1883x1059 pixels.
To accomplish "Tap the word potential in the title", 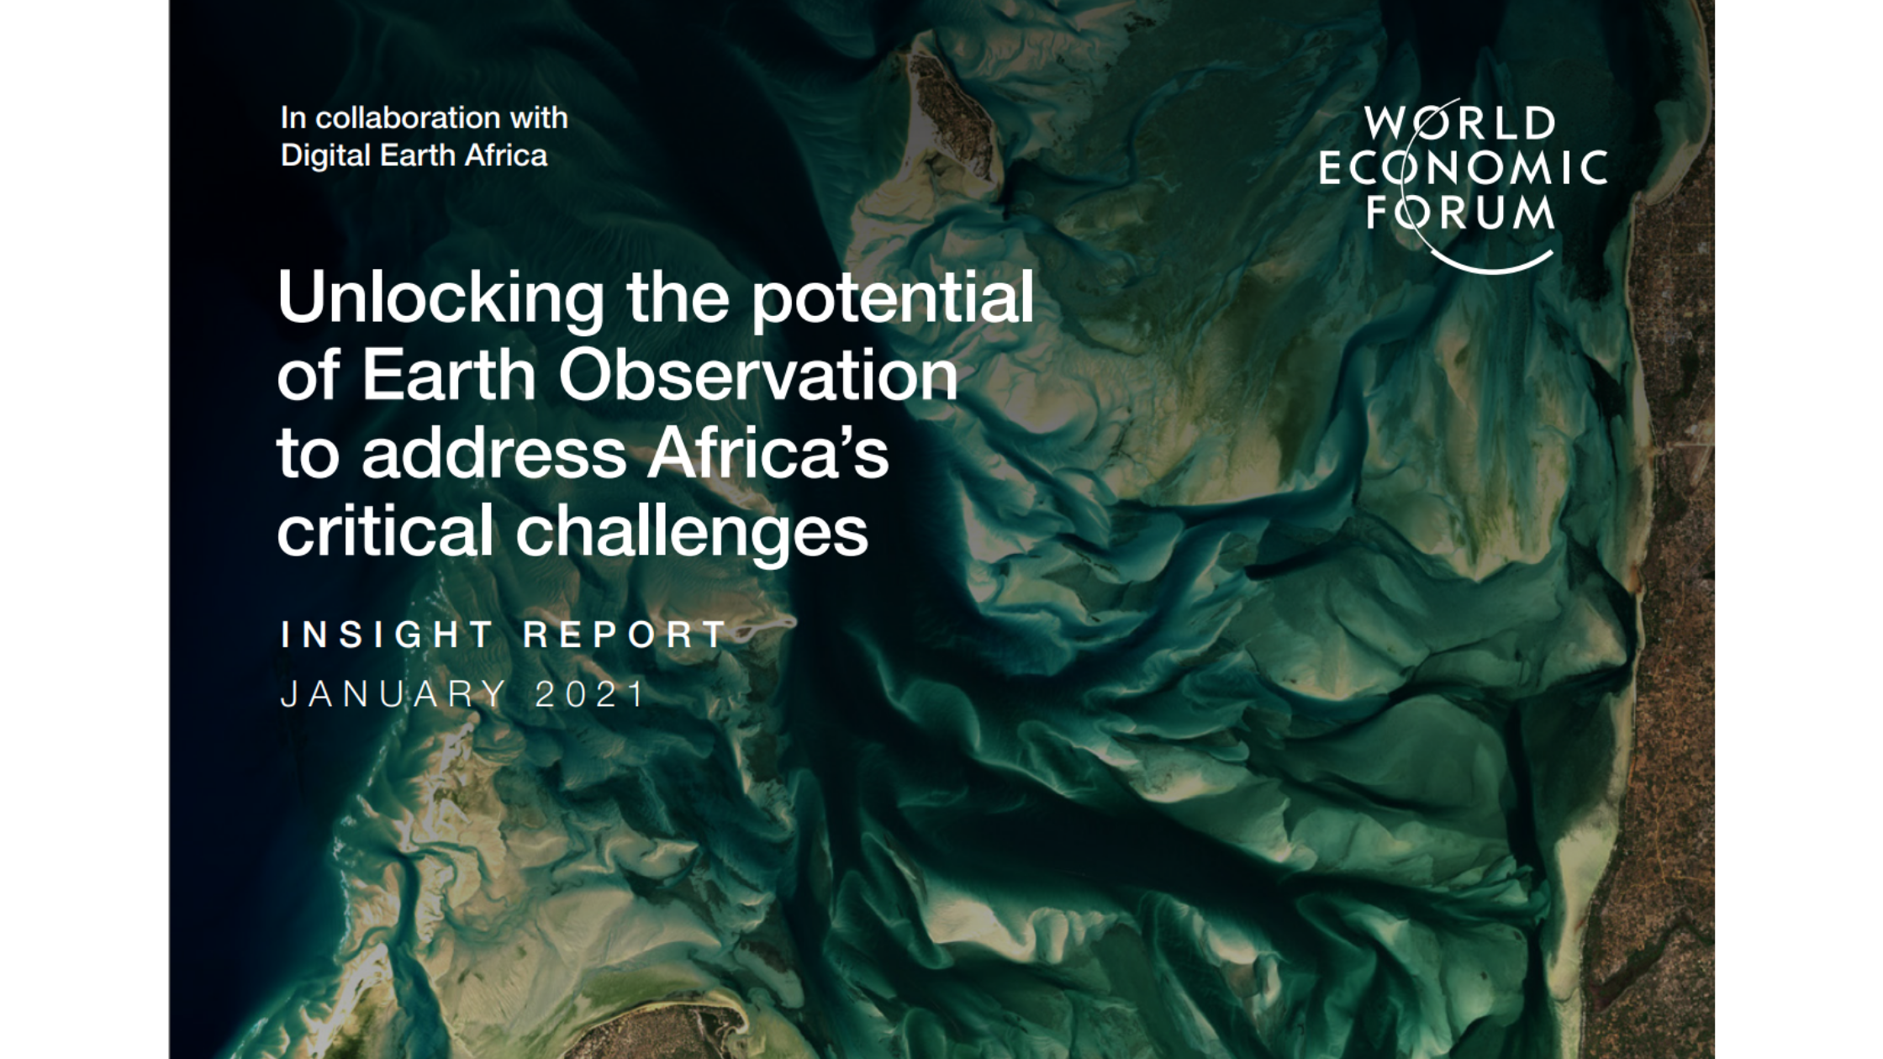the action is point(892,298).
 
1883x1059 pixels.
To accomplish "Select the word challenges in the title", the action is point(692,532).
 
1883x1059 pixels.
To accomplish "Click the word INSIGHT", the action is point(388,634).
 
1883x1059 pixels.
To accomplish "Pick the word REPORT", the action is point(625,634).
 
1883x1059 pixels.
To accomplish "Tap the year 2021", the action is point(590,694).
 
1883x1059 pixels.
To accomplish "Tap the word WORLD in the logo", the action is point(1460,124).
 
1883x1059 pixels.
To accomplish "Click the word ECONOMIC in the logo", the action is point(1463,168).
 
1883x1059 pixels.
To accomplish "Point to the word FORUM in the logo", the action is point(1460,212).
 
